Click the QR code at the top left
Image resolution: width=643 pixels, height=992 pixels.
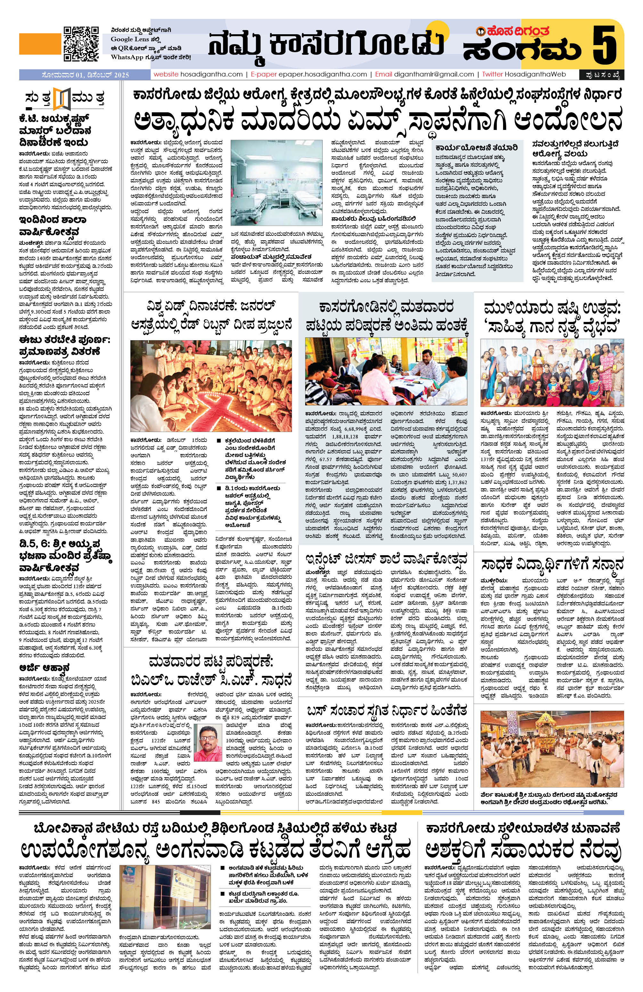coord(81,43)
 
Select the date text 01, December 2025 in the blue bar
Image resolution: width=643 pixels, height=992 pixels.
coord(85,75)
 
